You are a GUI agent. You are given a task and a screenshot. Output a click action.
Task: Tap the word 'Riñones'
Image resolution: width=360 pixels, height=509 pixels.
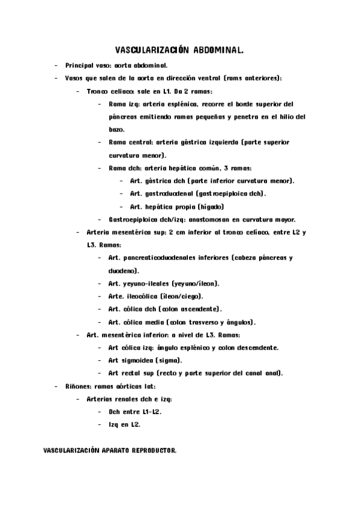pos(76,386)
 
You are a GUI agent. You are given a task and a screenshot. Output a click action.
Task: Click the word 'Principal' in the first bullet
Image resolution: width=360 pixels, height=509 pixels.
pos(79,65)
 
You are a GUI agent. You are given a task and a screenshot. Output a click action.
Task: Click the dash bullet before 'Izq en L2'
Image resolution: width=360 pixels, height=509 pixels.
pos(100,424)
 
